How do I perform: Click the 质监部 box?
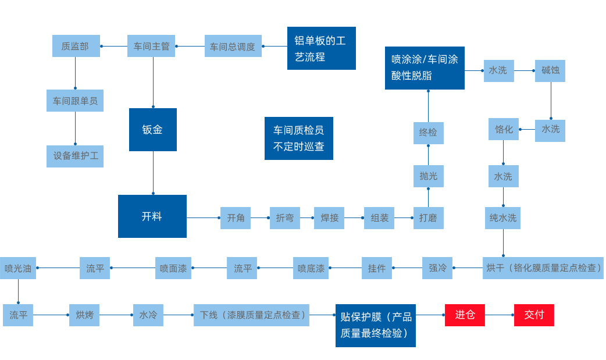pyautogui.click(x=76, y=46)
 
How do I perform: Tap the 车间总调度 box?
pyautogui.click(x=233, y=46)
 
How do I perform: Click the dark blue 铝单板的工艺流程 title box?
pyautogui.click(x=321, y=48)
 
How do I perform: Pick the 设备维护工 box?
pyautogui.click(x=75, y=156)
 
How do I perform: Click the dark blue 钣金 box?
pyautogui.click(x=152, y=130)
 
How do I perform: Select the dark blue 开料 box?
pyautogui.click(x=152, y=216)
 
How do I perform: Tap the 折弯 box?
pyautogui.click(x=285, y=218)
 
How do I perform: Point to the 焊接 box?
pyautogui.click(x=329, y=218)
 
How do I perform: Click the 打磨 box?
pyautogui.click(x=428, y=218)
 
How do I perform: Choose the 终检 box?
pyautogui.click(x=428, y=133)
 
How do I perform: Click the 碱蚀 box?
pyautogui.click(x=550, y=70)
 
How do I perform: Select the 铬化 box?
pyautogui.click(x=504, y=129)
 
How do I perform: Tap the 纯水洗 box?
pyautogui.click(x=503, y=218)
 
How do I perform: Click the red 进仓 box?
pyautogui.click(x=465, y=315)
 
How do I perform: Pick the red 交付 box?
pyautogui.click(x=534, y=315)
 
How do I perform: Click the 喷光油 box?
pyautogui.click(x=18, y=268)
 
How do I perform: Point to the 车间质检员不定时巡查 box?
pyautogui.click(x=299, y=138)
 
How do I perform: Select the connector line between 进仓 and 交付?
pyautogui.click(x=499, y=315)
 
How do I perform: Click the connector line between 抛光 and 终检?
pyautogui.click(x=428, y=155)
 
